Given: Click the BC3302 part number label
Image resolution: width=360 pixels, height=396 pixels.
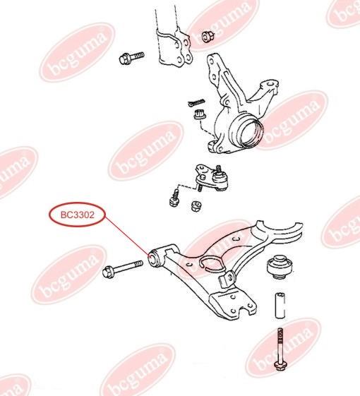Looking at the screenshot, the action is (78, 215).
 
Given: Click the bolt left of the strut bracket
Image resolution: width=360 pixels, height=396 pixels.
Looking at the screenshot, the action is (131, 58).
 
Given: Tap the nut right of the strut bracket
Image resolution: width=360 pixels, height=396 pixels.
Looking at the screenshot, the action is (208, 37).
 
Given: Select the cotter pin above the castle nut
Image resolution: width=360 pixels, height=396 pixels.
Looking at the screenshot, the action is (196, 102).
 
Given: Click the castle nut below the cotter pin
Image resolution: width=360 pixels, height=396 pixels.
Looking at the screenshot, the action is (200, 114).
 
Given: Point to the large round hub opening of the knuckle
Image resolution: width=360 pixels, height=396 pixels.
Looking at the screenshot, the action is (251, 133).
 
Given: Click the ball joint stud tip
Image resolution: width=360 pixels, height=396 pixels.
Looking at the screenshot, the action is (219, 167).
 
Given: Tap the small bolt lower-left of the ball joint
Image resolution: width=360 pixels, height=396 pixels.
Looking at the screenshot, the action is (174, 199).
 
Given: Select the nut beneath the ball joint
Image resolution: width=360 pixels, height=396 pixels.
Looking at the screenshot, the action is (196, 206).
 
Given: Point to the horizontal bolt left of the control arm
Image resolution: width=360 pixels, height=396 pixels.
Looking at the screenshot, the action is (123, 268).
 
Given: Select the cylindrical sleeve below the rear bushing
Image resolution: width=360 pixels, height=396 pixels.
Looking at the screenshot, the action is (280, 306).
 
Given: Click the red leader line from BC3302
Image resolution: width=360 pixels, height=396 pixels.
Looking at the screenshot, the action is (126, 237).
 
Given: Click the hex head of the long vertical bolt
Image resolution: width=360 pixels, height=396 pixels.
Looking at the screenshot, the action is (280, 366).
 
